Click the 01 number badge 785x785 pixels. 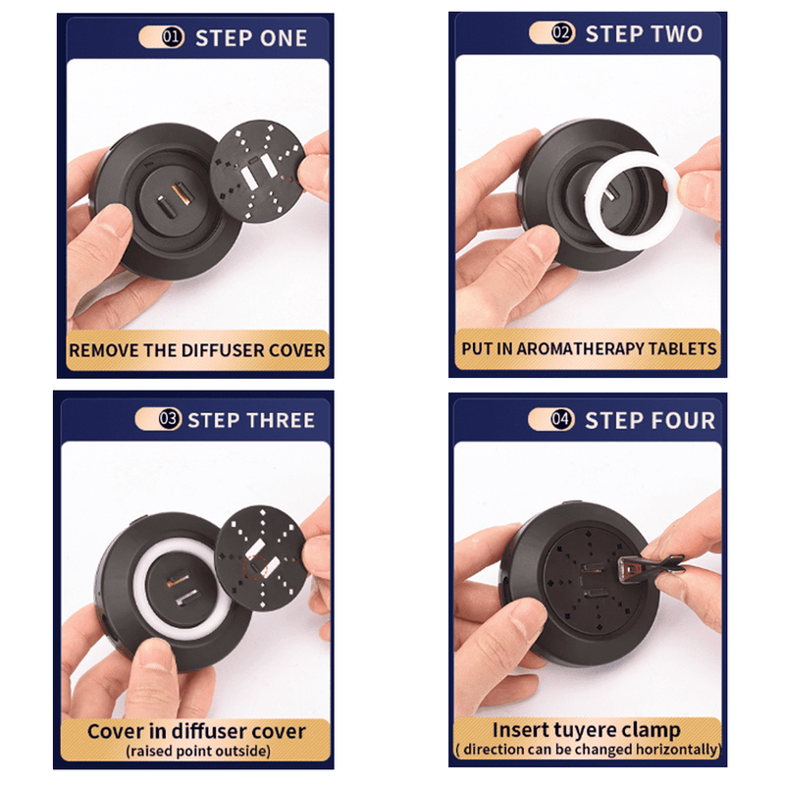click(x=173, y=37)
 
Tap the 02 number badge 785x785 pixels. click(x=562, y=33)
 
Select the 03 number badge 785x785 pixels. click(x=170, y=419)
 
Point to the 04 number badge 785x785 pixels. click(x=561, y=419)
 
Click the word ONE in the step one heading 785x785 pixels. click(x=284, y=38)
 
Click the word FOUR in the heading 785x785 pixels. click(x=682, y=421)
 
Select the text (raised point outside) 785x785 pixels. click(x=198, y=751)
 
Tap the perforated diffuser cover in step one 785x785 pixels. click(x=258, y=171)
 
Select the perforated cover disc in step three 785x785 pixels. click(x=260, y=557)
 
